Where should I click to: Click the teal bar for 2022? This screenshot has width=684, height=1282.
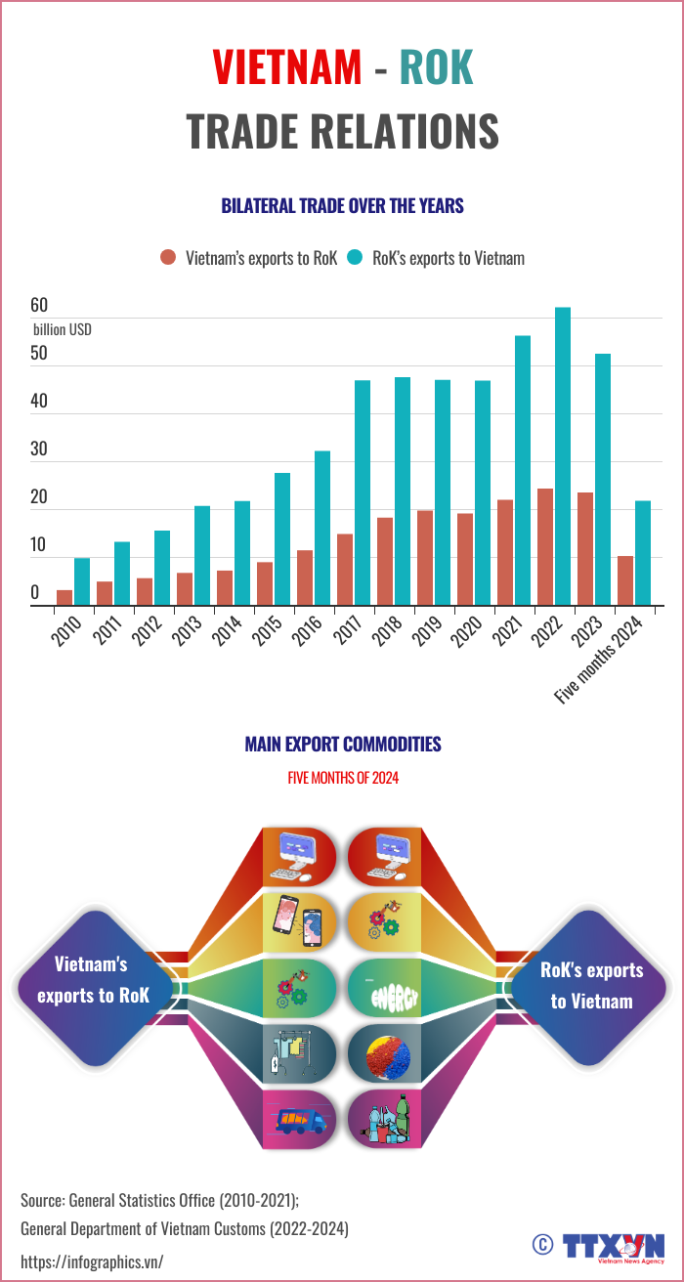click(563, 456)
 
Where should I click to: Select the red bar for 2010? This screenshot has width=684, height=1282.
click(64, 598)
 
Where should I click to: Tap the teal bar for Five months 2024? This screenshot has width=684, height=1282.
click(643, 553)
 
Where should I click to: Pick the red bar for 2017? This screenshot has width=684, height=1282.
click(345, 570)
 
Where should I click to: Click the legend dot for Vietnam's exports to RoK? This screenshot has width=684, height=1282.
click(168, 258)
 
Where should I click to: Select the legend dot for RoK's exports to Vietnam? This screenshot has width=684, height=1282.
click(355, 258)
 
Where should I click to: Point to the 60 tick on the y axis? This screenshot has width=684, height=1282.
click(39, 306)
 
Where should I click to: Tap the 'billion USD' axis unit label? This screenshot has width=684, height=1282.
click(63, 329)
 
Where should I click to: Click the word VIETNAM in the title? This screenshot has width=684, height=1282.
click(287, 67)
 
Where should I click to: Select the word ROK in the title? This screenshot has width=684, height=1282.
click(436, 67)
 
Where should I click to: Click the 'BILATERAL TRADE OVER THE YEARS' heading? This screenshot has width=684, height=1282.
click(342, 206)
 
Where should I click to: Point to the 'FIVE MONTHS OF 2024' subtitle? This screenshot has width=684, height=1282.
click(342, 779)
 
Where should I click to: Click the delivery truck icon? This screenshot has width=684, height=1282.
click(300, 1120)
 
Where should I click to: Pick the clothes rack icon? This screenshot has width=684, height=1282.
click(300, 1053)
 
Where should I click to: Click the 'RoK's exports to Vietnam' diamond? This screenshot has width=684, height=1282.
click(591, 985)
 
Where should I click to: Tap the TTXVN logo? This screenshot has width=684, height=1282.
click(610, 1245)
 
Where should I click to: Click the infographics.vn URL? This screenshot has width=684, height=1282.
click(92, 1261)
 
